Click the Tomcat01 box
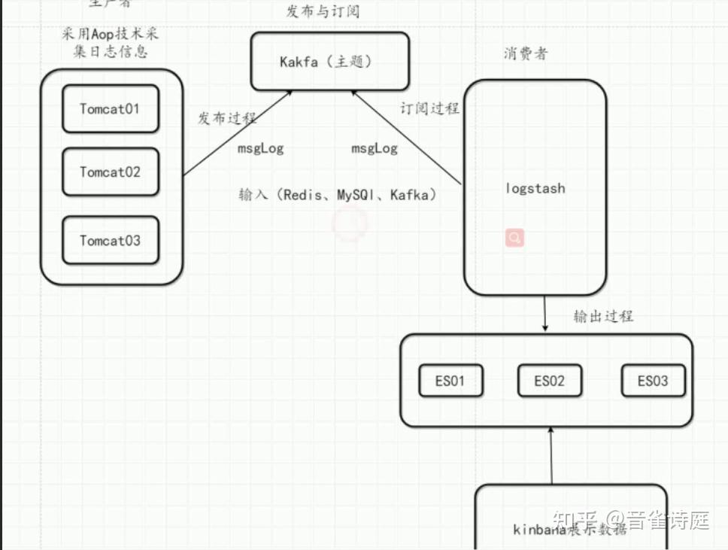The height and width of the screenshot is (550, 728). [110, 109]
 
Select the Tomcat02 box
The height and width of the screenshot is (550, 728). [110, 172]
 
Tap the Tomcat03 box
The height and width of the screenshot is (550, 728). [110, 241]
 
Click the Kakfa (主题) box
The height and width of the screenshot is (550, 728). [329, 62]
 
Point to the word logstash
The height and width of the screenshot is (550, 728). [535, 189]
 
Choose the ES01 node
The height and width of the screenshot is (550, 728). [450, 381]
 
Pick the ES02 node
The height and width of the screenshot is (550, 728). [549, 381]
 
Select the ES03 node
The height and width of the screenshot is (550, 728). [652, 381]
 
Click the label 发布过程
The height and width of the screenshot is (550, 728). [227, 119]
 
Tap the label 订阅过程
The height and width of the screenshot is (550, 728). [429, 108]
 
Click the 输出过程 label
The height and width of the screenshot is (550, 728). [603, 316]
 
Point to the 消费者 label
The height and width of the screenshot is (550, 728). [525, 54]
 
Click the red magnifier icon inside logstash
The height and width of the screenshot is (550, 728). [514, 239]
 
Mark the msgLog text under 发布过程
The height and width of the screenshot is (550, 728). [260, 149]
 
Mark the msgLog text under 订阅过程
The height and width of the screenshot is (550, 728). [374, 149]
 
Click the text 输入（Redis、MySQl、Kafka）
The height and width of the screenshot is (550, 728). [338, 196]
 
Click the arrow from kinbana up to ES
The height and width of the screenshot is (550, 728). [552, 455]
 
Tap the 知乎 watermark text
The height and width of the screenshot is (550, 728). [575, 520]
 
